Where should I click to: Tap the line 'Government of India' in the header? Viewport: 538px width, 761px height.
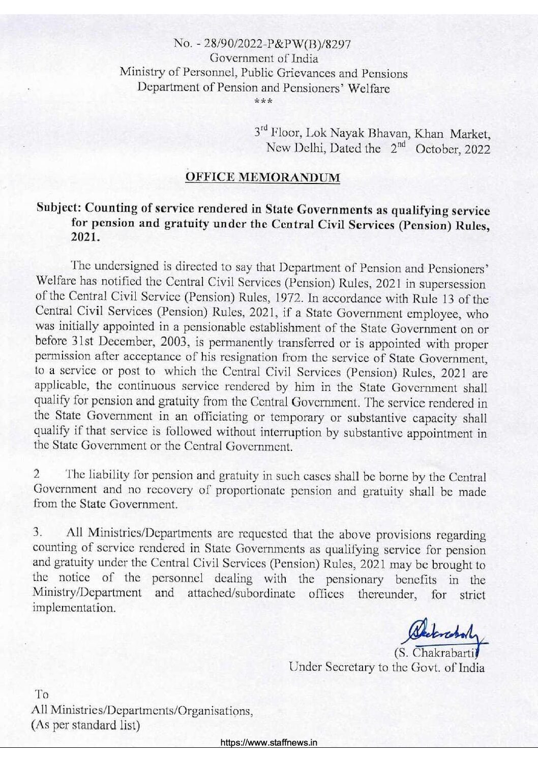point(264,58)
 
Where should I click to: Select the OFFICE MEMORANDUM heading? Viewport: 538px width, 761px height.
point(263,177)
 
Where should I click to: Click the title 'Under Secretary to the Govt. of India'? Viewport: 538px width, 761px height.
point(386,667)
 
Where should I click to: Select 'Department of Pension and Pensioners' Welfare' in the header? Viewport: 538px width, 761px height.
point(264,87)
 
